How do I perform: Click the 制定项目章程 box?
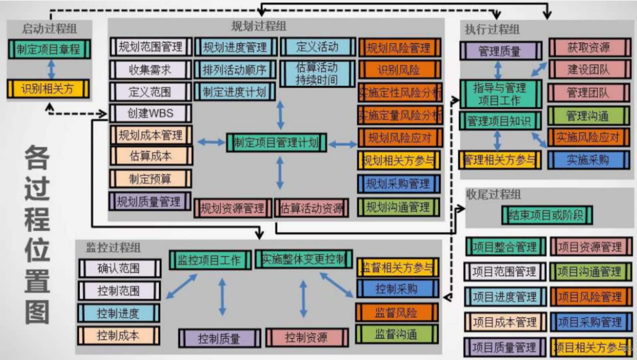[x=48, y=49]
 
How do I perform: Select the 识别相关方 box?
[x=48, y=89]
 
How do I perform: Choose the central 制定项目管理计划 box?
[x=277, y=142]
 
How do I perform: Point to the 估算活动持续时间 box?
[x=317, y=73]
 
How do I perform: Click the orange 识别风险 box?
[x=398, y=70]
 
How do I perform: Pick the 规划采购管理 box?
[x=398, y=184]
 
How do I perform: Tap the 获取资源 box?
[x=589, y=48]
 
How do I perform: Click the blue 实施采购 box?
[x=588, y=159]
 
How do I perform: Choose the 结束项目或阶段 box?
[x=547, y=215]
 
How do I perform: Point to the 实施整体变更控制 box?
[x=304, y=260]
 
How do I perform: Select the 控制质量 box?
[x=219, y=338]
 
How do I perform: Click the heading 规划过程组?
[x=259, y=26]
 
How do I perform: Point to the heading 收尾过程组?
[x=493, y=194]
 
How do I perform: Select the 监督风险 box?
[x=396, y=313]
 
